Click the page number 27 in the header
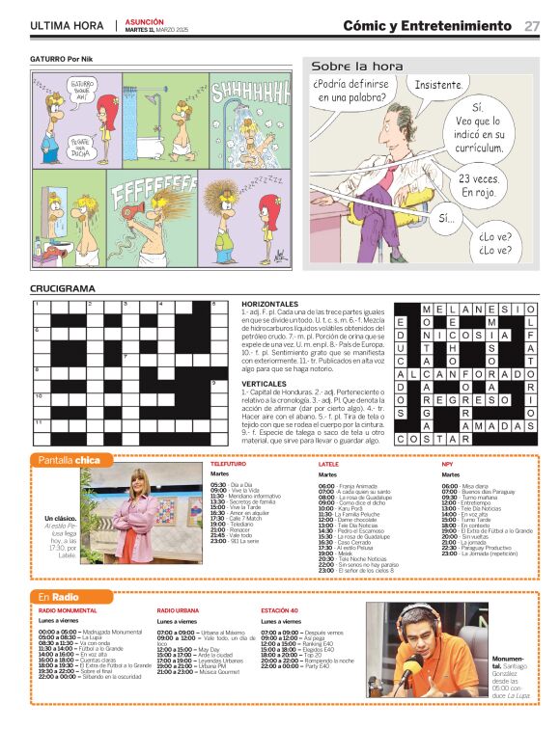pos(532,26)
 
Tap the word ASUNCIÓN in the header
pos(144,21)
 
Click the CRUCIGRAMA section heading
pos(63,288)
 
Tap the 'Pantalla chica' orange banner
pos(69,460)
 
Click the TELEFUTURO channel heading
pos(229,465)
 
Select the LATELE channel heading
pos(328,465)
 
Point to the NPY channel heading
pos(447,465)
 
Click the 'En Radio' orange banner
pos(59,597)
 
